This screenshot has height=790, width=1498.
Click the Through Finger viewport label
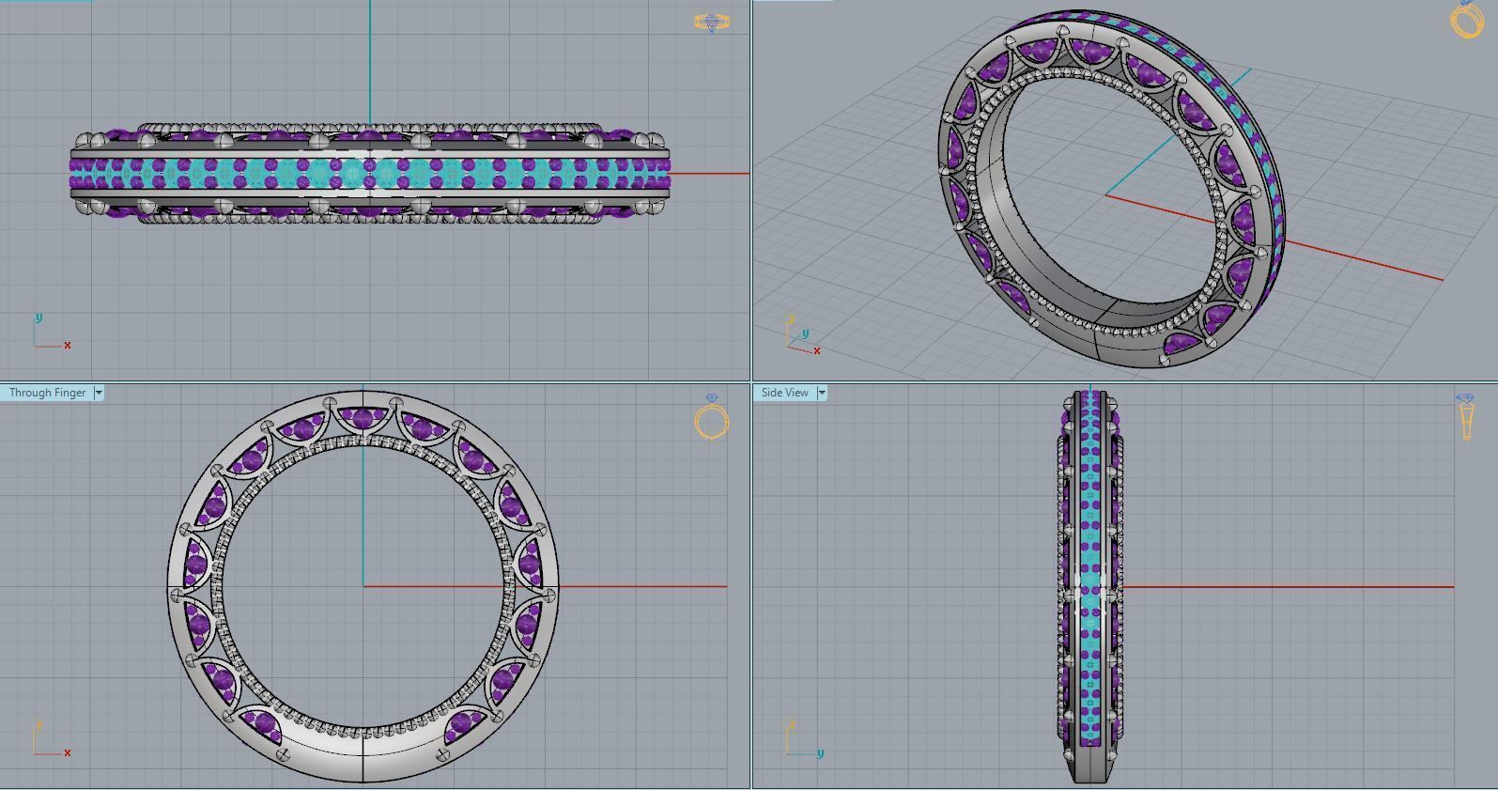point(47,393)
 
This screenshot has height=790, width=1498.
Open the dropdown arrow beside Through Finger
point(99,393)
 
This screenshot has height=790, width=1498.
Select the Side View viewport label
point(784,393)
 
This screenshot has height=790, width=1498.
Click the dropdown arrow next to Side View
point(822,393)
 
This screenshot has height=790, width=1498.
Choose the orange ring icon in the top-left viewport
point(711,22)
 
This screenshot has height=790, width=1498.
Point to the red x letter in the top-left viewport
point(68,345)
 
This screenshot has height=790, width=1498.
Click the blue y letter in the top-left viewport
point(39,318)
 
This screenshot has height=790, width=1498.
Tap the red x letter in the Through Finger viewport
point(68,752)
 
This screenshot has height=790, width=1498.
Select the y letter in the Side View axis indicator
point(820,752)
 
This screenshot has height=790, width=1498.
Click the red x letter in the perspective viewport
point(817,350)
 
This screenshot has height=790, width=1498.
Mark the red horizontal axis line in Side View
point(1287,587)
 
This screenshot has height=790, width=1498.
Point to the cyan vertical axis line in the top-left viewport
point(370,56)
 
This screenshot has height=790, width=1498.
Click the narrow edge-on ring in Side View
point(1089,587)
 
